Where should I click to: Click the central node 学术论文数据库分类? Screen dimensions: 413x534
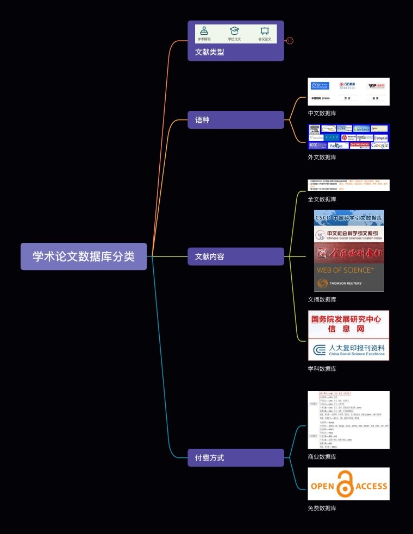[x=84, y=256]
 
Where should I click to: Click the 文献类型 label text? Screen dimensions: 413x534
[x=210, y=52]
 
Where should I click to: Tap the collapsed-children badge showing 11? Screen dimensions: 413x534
[x=290, y=41]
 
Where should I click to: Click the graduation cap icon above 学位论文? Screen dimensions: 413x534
[x=234, y=31]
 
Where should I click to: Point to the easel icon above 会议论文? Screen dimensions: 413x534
[x=265, y=31]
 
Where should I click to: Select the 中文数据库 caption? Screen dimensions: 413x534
[x=322, y=114]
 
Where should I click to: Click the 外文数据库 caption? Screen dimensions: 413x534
[x=322, y=157]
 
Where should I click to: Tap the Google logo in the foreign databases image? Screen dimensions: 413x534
[x=380, y=145]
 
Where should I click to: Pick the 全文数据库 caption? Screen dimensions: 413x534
[x=322, y=199]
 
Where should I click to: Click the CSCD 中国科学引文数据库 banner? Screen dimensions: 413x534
[x=349, y=218]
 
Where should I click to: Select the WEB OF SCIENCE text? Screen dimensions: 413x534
[x=345, y=270]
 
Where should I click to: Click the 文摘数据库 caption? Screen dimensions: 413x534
[x=322, y=299]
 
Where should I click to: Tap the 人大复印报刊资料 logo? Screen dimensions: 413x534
[x=349, y=349]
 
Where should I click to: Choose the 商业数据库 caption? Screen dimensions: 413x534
[x=322, y=457]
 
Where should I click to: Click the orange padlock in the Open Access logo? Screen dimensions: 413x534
[x=344, y=484]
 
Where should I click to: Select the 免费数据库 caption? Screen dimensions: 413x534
[x=322, y=508]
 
